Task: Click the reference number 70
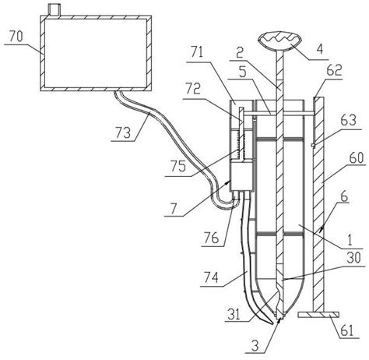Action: click(16, 37)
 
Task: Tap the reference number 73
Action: click(123, 133)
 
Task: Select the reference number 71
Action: click(197, 53)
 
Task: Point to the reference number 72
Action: click(193, 90)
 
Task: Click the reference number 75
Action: click(178, 166)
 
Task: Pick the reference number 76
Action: click(212, 238)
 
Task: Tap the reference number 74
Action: click(211, 278)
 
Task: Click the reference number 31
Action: click(234, 314)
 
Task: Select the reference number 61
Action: click(347, 330)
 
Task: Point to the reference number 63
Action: click(349, 120)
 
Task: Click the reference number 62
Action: click(335, 70)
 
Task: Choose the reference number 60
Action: click(357, 157)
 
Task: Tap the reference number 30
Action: click(353, 257)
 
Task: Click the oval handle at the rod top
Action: click(279, 41)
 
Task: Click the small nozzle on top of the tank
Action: click(54, 10)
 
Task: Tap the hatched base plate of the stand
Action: click(318, 315)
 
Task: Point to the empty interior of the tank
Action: click(95, 53)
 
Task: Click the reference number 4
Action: click(320, 49)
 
